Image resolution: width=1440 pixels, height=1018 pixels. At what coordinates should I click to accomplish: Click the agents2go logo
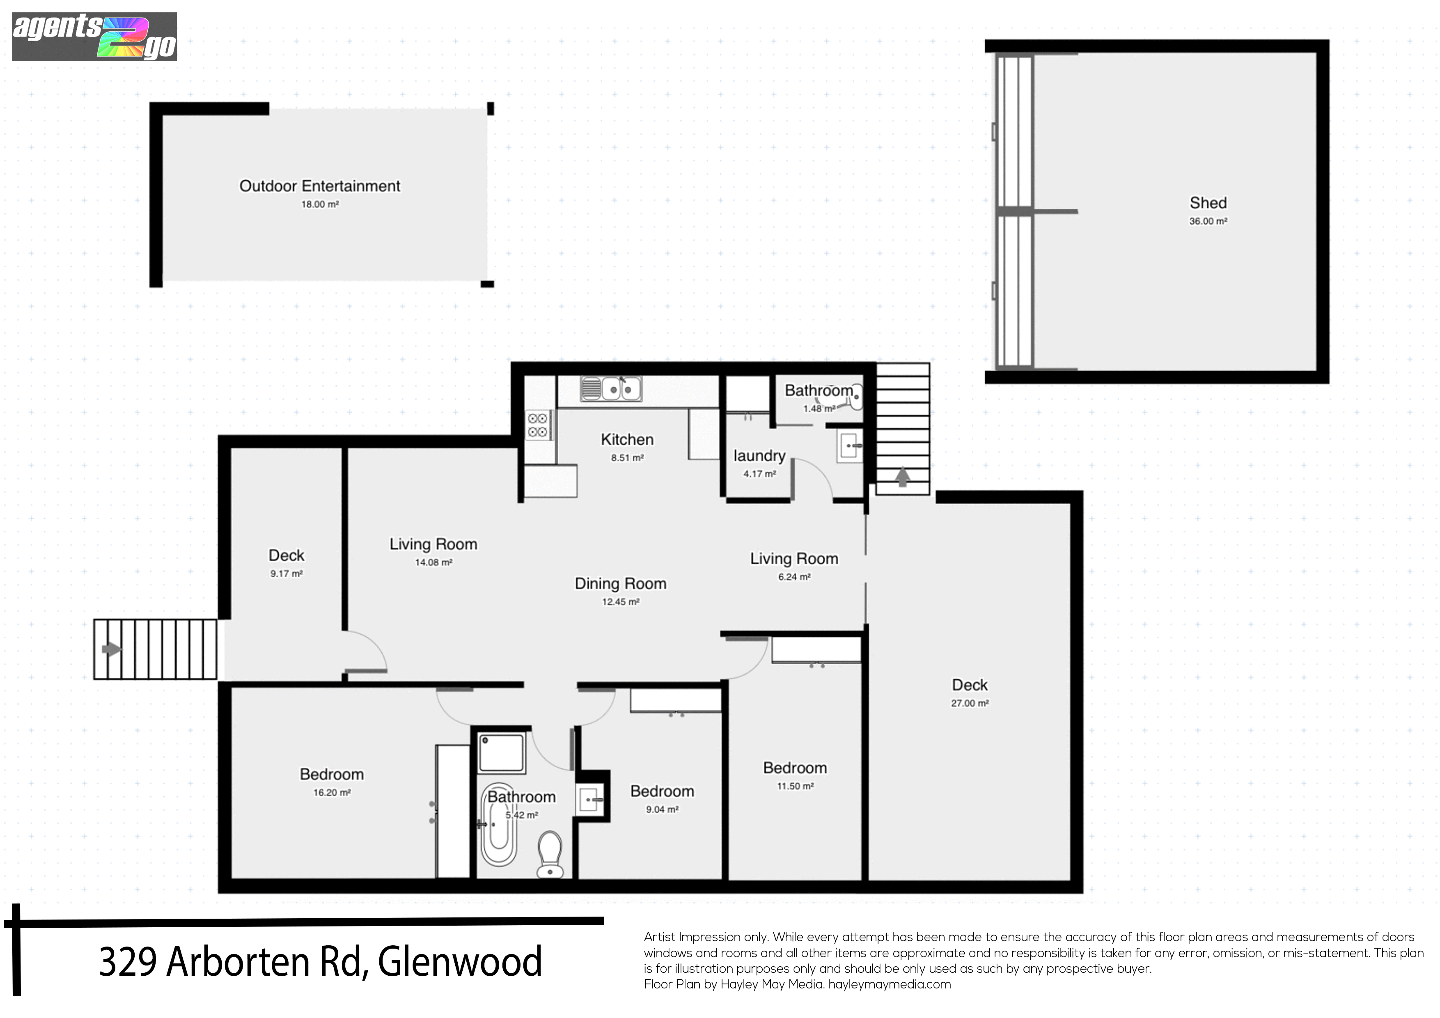click(94, 37)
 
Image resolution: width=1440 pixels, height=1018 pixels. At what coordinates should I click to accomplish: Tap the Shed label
click(1208, 203)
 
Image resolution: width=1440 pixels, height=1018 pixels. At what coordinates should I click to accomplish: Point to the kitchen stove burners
click(539, 425)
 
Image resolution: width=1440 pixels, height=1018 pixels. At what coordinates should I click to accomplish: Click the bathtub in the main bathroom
click(499, 825)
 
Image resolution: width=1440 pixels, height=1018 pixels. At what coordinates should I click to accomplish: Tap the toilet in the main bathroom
click(550, 854)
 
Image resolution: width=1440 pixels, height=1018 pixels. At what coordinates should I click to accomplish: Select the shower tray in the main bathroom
click(502, 753)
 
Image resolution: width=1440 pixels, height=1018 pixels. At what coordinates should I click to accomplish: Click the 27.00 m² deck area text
click(970, 703)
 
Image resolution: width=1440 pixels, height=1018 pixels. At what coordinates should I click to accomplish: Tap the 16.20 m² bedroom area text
click(332, 793)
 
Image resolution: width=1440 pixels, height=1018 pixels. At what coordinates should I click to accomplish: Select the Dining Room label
click(620, 584)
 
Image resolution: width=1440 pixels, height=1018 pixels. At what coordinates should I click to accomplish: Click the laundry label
click(759, 456)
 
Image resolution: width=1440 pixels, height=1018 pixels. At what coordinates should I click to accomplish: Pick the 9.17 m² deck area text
click(287, 573)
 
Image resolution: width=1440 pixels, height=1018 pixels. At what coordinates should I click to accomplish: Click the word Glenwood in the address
click(460, 961)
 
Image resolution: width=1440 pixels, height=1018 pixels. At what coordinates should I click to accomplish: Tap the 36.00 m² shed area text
click(1208, 221)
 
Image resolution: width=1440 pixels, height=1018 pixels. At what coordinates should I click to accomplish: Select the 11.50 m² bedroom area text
click(795, 786)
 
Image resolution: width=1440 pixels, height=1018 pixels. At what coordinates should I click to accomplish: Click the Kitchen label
click(627, 440)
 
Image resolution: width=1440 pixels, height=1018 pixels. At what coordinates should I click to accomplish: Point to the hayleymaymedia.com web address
click(890, 984)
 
